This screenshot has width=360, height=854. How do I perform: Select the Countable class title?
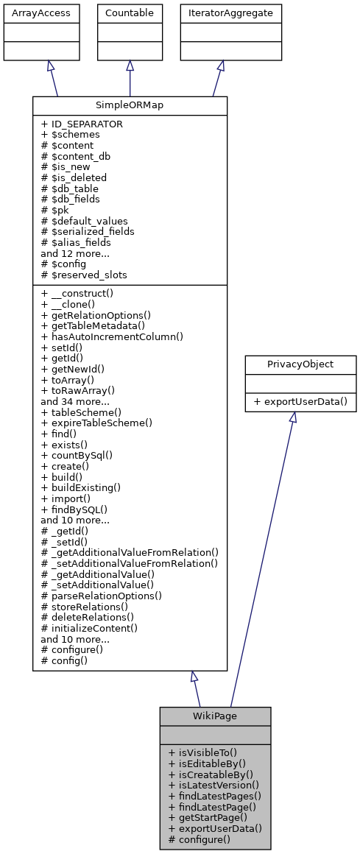click(130, 13)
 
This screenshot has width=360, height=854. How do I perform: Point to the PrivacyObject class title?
click(300, 364)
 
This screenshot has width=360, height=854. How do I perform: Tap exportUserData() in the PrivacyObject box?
click(300, 403)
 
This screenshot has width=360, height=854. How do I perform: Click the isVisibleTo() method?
click(202, 753)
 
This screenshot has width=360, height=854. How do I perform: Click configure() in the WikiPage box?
click(200, 839)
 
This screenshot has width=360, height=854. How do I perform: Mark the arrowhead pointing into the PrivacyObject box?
click(292, 417)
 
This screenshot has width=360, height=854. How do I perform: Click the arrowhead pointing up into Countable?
click(130, 66)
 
